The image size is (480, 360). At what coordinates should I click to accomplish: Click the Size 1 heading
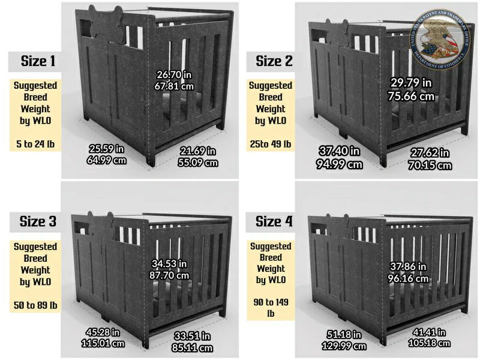38,61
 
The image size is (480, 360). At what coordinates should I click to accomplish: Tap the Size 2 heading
274,61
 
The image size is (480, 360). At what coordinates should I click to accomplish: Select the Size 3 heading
38,221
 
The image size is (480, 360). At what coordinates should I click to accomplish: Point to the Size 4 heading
274,221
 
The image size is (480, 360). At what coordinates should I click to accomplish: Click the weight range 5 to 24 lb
35,144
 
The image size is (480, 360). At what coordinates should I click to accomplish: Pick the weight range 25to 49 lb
271,144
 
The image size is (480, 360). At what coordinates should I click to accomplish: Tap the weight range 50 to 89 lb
35,305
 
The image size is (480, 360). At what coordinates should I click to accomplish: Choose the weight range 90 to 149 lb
271,308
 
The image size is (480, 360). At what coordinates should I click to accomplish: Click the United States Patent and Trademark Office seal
439,38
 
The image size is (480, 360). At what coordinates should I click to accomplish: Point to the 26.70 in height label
174,74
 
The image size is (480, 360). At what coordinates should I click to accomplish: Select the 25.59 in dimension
106,149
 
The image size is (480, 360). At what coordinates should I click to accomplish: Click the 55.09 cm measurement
198,163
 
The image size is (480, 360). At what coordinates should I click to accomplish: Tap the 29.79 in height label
411,83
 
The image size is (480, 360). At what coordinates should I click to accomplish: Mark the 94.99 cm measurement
339,164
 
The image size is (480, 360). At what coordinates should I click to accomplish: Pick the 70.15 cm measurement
430,166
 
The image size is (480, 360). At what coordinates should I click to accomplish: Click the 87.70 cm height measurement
169,275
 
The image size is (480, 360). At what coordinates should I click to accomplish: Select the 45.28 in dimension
103,332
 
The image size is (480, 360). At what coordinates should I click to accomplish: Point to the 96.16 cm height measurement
408,278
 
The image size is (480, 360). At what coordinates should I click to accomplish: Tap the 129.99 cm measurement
344,346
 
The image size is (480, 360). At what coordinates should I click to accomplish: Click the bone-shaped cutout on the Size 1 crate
106,25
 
